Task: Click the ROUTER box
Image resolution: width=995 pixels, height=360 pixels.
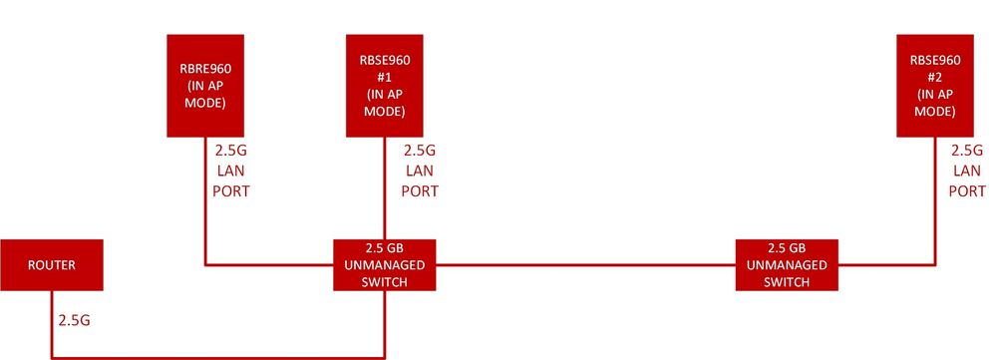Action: point(51,265)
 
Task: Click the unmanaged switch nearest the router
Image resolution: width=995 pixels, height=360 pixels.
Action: point(385,264)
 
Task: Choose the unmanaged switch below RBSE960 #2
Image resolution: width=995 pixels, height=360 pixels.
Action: point(788,264)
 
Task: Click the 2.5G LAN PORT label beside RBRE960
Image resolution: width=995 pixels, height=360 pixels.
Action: point(231,171)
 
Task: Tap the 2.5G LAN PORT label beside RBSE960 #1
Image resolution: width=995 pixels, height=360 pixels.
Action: point(419,171)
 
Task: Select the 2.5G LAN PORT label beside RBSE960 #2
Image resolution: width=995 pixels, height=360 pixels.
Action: point(966,171)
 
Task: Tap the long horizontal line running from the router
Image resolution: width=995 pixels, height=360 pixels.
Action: point(219,356)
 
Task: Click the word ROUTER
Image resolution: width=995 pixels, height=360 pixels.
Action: point(51,265)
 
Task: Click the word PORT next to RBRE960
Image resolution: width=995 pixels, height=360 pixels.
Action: point(231,190)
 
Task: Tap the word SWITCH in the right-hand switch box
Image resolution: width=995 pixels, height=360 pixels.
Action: point(788,282)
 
